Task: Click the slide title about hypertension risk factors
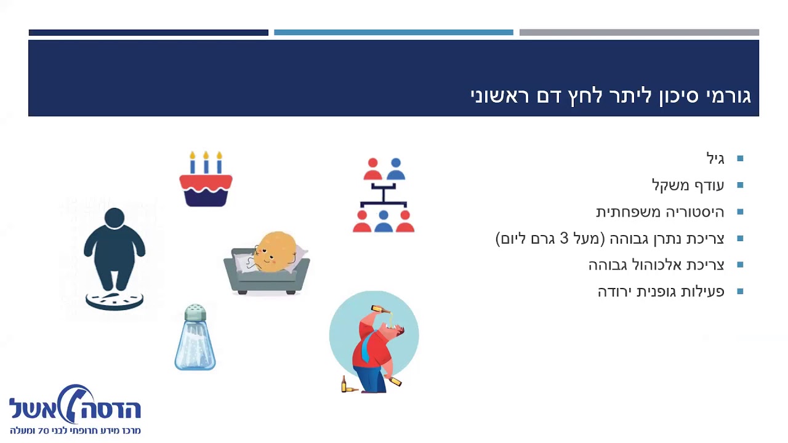tap(610, 97)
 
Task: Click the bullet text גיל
tap(715, 159)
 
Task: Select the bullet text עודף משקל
tap(688, 185)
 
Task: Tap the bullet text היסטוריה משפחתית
tap(660, 212)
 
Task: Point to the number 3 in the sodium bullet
tap(564, 238)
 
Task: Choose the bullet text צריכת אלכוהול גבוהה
tap(656, 265)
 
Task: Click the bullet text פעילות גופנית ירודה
tap(661, 291)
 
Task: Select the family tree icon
tap(384, 195)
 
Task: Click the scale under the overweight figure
tap(115, 300)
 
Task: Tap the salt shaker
tap(195, 338)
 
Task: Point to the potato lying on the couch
tap(275, 252)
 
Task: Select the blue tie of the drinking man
tap(366, 348)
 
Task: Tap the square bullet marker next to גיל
tap(740, 159)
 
